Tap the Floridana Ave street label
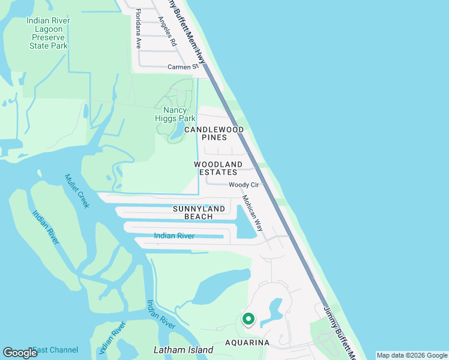click(138, 29)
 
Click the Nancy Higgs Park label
click(179, 114)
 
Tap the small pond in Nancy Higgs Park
click(178, 133)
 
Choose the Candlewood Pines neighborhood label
click(214, 133)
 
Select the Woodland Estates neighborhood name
click(218, 168)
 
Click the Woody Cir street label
click(243, 185)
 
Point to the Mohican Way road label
click(253, 213)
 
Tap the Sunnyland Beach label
click(199, 212)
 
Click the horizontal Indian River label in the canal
click(174, 236)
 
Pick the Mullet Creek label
click(77, 190)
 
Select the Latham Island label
click(183, 350)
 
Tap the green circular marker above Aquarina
click(248, 319)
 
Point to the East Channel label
click(55, 350)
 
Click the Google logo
click(20, 353)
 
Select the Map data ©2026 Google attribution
click(412, 355)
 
